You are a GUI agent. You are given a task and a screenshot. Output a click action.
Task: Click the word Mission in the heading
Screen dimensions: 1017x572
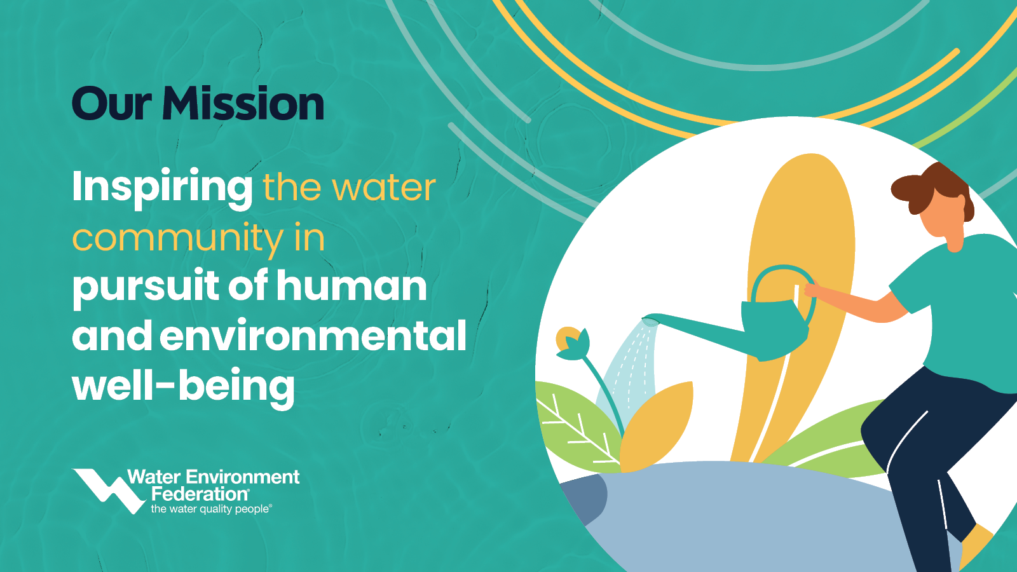click(x=243, y=104)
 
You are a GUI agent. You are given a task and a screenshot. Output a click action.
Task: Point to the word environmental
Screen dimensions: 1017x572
click(x=313, y=336)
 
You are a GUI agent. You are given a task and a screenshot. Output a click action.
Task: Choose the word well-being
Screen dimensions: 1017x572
click(x=184, y=387)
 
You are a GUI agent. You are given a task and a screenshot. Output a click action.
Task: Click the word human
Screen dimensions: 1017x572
click(x=352, y=285)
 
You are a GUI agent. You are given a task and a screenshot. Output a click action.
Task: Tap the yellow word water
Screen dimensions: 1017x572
click(x=384, y=187)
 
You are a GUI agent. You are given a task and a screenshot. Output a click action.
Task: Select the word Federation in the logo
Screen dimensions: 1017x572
click(x=200, y=493)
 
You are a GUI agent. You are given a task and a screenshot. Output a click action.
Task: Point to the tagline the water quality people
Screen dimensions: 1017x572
click(x=211, y=509)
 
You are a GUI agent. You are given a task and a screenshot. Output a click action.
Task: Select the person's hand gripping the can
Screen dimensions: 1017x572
click(x=813, y=290)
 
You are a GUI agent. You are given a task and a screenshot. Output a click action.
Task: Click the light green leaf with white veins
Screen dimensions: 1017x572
click(x=577, y=425)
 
